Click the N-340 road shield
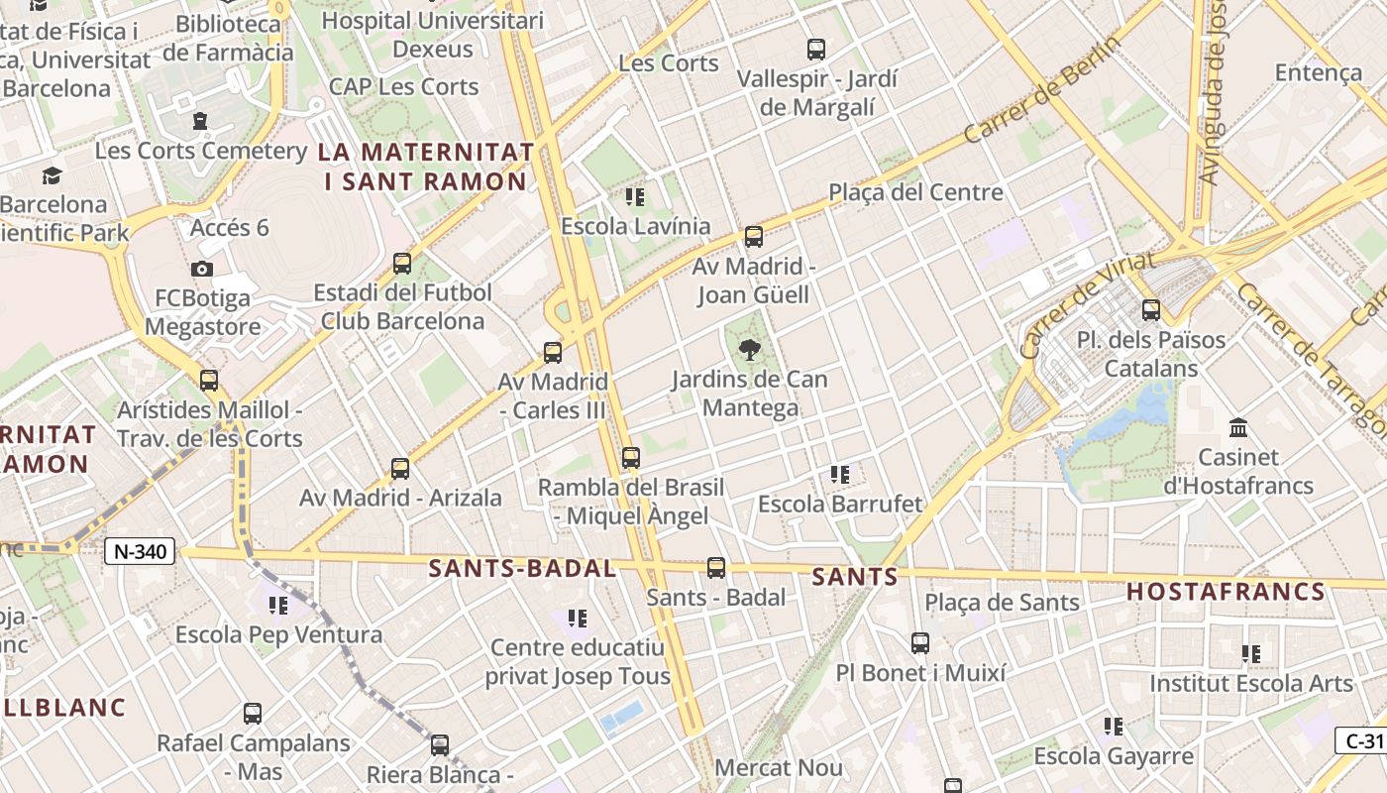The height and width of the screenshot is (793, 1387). [x=140, y=551]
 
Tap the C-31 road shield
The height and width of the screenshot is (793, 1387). [x=1363, y=740]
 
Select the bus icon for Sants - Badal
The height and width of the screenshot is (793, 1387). [x=716, y=568]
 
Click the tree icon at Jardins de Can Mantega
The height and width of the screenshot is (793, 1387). [x=750, y=349]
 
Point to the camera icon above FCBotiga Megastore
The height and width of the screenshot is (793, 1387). [x=202, y=269]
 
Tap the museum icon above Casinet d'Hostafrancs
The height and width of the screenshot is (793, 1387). [x=1237, y=428]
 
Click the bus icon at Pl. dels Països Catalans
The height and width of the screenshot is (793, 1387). [x=1150, y=310]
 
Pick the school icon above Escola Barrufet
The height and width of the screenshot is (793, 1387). [x=840, y=475]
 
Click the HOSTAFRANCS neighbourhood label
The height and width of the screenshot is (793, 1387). [x=1226, y=593]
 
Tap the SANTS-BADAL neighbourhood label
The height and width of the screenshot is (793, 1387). [x=522, y=569]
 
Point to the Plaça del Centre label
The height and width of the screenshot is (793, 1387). [x=915, y=192]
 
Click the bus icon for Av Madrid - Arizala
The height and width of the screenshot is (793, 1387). [x=400, y=469]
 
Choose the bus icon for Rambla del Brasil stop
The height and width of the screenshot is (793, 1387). [x=630, y=458]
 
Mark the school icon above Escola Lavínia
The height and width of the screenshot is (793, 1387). [x=635, y=197]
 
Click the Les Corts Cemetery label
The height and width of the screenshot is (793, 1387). [x=201, y=151]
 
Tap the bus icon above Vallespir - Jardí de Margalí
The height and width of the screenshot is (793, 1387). [x=816, y=49]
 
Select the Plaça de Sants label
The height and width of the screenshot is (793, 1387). [x=1002, y=602]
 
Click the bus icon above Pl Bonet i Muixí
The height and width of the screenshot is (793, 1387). [x=920, y=643]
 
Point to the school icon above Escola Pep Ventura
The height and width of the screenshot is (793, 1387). [x=278, y=605]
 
